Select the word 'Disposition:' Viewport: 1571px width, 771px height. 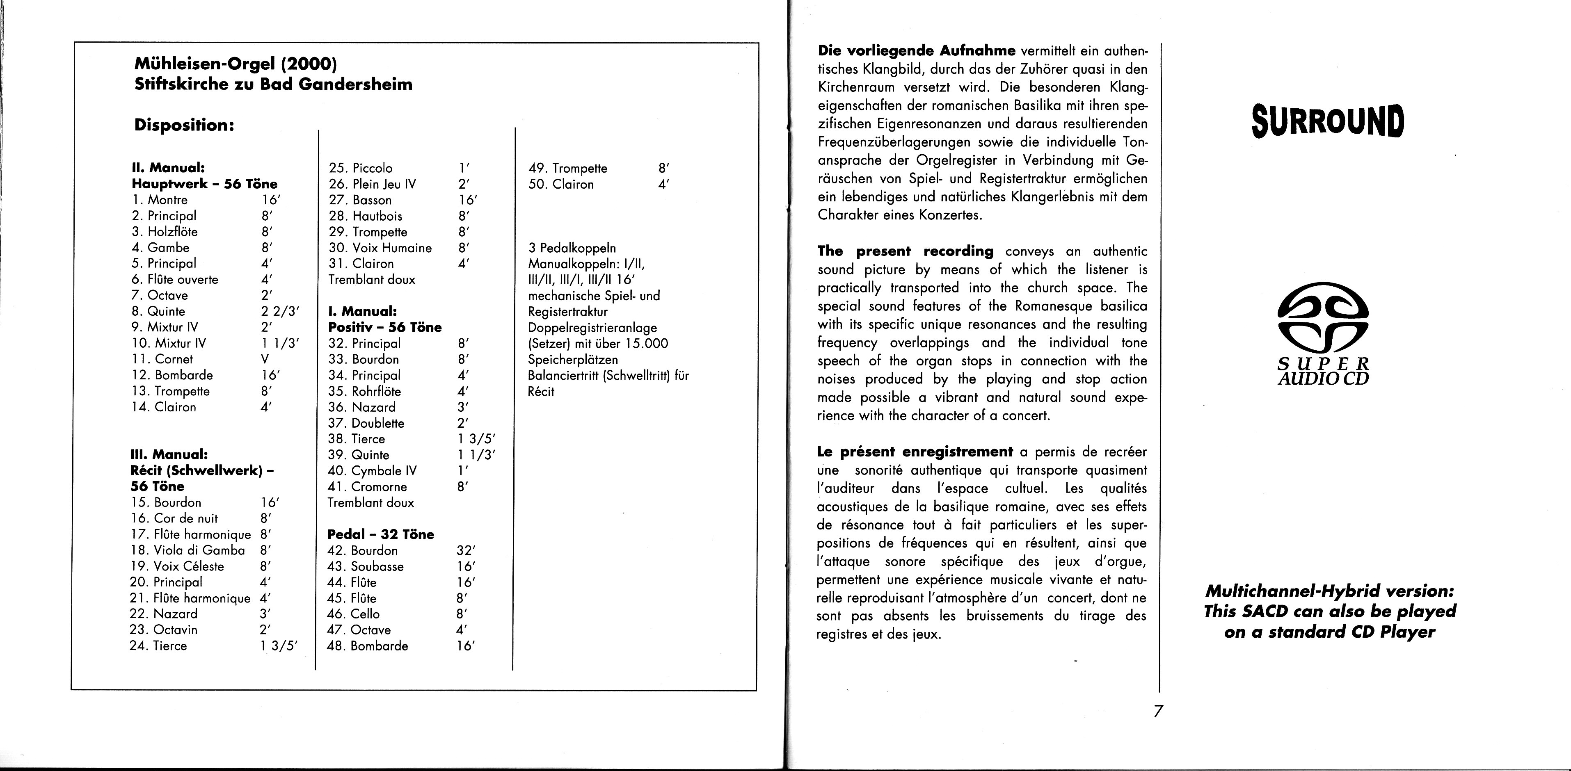click(184, 125)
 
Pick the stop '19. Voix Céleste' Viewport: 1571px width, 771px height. click(177, 567)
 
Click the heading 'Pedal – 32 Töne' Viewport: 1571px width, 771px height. click(381, 534)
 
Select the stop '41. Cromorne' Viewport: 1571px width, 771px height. click(367, 487)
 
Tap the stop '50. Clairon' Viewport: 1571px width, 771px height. click(561, 185)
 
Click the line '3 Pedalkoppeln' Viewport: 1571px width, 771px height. click(572, 248)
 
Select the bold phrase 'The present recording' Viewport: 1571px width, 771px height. click(905, 251)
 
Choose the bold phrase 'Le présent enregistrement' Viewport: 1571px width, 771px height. click(914, 452)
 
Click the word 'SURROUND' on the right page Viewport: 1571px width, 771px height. click(1328, 121)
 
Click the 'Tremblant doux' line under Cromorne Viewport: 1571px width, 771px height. click(371, 503)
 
